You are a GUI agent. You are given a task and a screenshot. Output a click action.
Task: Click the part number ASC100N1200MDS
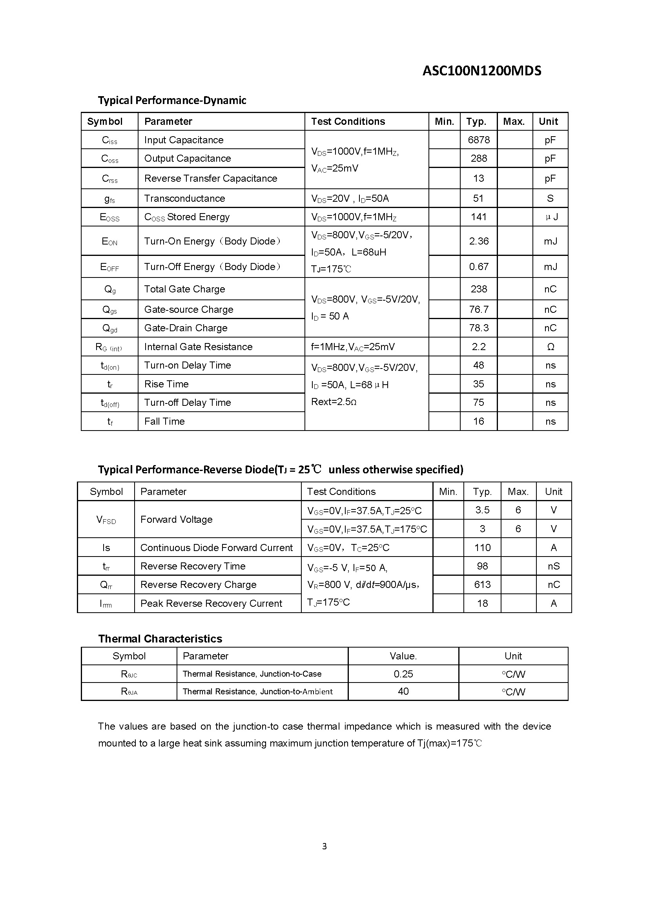tap(481, 71)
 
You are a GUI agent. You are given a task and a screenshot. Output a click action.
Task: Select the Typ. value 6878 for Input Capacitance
tap(478, 140)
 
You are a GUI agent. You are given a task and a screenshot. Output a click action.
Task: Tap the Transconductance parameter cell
tap(185, 198)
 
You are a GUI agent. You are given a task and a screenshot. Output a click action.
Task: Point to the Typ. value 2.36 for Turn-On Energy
tap(478, 241)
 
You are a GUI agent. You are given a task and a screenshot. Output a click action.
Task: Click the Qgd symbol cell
tap(109, 328)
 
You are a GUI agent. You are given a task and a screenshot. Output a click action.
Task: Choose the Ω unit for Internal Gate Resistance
tap(550, 347)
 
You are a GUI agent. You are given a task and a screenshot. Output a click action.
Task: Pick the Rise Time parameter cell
tap(166, 384)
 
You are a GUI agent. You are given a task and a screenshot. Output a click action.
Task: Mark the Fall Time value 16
tap(478, 422)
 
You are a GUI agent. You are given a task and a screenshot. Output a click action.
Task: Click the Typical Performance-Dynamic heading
tap(172, 100)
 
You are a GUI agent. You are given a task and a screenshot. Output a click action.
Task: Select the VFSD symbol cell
tap(106, 520)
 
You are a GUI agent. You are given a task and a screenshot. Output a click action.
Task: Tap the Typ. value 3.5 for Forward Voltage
tap(482, 510)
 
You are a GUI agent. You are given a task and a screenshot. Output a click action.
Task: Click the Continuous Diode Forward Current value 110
tap(482, 548)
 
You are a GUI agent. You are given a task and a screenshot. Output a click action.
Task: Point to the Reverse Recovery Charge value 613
tap(482, 585)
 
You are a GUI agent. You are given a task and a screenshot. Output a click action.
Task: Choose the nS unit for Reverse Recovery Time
tap(554, 566)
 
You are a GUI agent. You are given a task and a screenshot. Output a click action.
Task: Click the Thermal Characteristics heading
tap(160, 639)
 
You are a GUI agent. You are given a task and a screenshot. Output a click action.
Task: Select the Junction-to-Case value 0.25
tap(403, 674)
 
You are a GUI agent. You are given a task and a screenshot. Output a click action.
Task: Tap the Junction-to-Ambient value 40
tap(403, 691)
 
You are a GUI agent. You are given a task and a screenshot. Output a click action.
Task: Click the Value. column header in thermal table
tap(403, 656)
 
